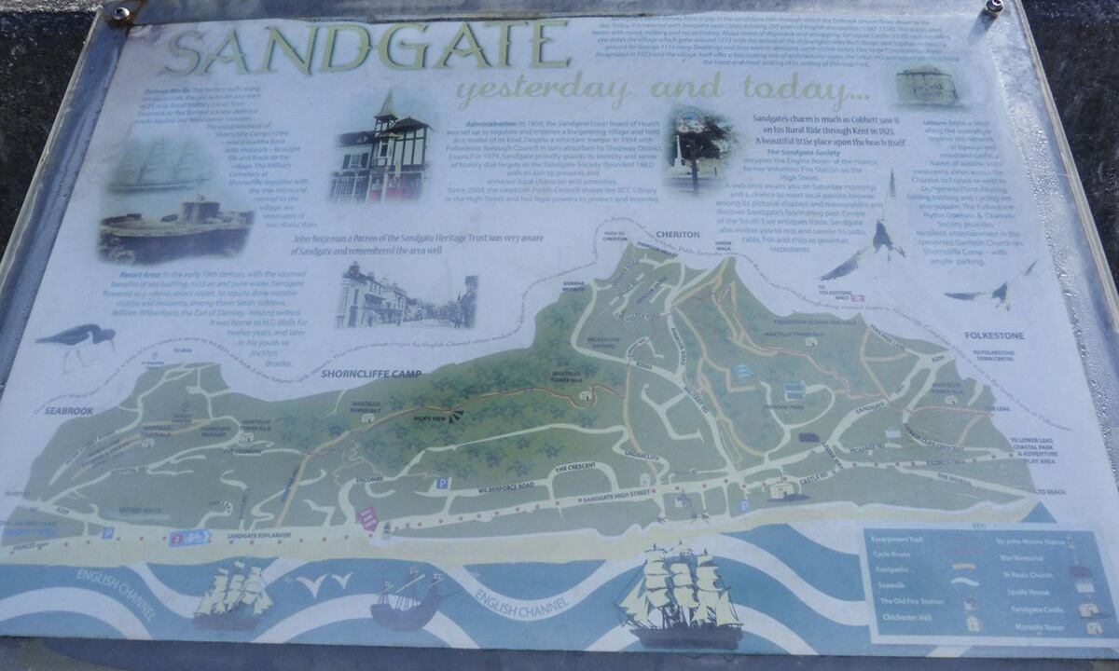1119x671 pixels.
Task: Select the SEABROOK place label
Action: [69, 410]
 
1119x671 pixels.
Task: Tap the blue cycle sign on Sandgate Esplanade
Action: [189, 538]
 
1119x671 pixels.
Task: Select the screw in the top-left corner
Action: [120, 13]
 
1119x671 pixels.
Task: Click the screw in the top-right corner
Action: [994, 7]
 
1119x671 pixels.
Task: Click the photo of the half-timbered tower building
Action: [380, 149]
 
